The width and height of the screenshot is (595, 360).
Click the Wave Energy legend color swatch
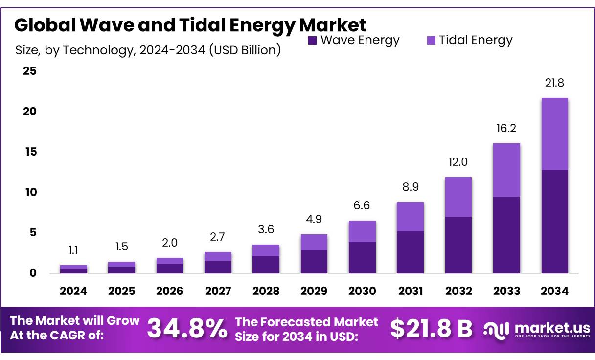[313, 41]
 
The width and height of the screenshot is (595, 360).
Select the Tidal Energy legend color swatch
[431, 41]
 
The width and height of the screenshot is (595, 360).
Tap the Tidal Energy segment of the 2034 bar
[554, 134]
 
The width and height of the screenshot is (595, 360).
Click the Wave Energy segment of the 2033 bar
[506, 235]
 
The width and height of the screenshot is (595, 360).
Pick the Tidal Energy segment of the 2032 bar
[458, 197]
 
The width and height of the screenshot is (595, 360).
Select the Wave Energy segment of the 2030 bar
[362, 257]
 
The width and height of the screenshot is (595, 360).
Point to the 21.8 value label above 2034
[554, 83]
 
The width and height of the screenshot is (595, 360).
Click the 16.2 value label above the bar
[506, 129]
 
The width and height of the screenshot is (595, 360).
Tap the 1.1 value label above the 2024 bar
[73, 250]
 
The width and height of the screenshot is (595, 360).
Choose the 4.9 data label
[314, 219]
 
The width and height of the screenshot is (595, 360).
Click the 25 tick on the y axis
[30, 71]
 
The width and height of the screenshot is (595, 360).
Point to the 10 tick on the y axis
[30, 192]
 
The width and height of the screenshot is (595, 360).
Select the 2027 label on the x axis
[218, 291]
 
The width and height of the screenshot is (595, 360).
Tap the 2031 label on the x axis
[410, 291]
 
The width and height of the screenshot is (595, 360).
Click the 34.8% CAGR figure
[187, 329]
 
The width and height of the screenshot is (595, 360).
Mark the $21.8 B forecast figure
[431, 329]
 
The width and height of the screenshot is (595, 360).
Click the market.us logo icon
[496, 329]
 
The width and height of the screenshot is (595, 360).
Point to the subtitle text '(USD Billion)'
[245, 50]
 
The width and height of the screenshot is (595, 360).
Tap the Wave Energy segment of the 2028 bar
[266, 265]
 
